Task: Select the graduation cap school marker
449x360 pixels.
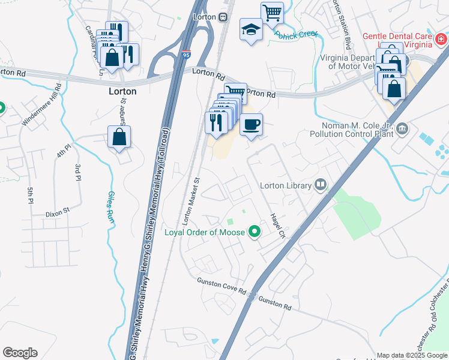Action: tap(250, 29)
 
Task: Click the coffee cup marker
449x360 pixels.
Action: tap(251, 124)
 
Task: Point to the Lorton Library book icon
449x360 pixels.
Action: tap(321, 185)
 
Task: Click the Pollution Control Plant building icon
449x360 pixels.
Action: tap(402, 128)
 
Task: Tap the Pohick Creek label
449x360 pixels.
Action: tap(296, 34)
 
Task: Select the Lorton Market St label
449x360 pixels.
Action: tap(191, 197)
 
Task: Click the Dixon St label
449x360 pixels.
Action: tap(58, 212)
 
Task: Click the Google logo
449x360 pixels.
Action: tap(20, 352)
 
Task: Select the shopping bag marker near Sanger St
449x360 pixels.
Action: tap(119, 137)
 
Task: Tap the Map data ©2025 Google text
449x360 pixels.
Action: tap(412, 355)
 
